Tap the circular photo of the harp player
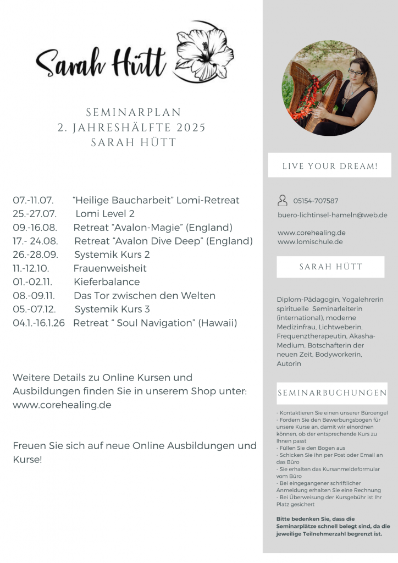[x=329, y=88]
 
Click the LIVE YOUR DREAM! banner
[x=329, y=165]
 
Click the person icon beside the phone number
[x=283, y=201]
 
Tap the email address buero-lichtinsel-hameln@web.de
[x=332, y=215]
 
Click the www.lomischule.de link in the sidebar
[x=310, y=241]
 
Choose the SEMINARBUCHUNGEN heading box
[x=332, y=393]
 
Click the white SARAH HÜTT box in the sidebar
[x=330, y=267]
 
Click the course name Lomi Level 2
[x=105, y=214]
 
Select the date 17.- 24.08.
[x=35, y=241]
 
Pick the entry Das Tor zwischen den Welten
[x=144, y=296]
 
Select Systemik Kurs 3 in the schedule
[x=112, y=309]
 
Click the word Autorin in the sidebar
[x=290, y=363]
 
